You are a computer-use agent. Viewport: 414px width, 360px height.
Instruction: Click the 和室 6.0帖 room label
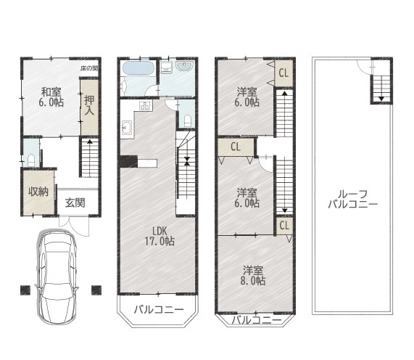click(x=51, y=97)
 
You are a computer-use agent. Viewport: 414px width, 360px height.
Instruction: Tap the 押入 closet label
click(x=89, y=105)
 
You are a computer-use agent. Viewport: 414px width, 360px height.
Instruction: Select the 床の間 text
click(x=89, y=68)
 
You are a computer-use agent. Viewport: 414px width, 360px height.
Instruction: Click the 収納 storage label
click(x=38, y=192)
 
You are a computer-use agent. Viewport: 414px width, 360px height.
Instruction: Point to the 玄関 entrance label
click(x=75, y=202)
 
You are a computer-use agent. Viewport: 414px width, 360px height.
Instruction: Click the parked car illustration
click(x=57, y=277)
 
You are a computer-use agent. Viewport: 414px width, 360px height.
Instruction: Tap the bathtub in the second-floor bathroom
click(x=138, y=68)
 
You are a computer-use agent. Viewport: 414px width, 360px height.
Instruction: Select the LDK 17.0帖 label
click(x=160, y=236)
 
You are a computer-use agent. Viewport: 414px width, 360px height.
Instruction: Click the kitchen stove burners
click(x=145, y=105)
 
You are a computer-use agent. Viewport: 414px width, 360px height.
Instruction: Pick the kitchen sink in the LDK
click(x=128, y=128)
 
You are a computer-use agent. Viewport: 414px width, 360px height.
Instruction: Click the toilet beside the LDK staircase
click(x=188, y=120)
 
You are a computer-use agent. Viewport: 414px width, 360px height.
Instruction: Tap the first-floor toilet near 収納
click(x=31, y=160)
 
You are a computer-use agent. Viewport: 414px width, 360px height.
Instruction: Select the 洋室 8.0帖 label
click(x=253, y=276)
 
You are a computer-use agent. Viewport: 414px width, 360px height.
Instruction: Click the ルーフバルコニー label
click(x=353, y=199)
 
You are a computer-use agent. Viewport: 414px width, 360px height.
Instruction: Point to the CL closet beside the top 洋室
click(x=283, y=73)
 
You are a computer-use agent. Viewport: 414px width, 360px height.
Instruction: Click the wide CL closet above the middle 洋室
click(x=236, y=147)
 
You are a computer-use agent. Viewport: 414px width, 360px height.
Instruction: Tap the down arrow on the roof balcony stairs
click(x=381, y=99)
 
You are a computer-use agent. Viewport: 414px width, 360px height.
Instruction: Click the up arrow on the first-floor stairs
click(x=90, y=141)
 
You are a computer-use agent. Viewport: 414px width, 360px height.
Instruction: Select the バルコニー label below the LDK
click(x=159, y=309)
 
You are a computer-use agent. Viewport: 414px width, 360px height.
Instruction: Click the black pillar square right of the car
click(x=96, y=290)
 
